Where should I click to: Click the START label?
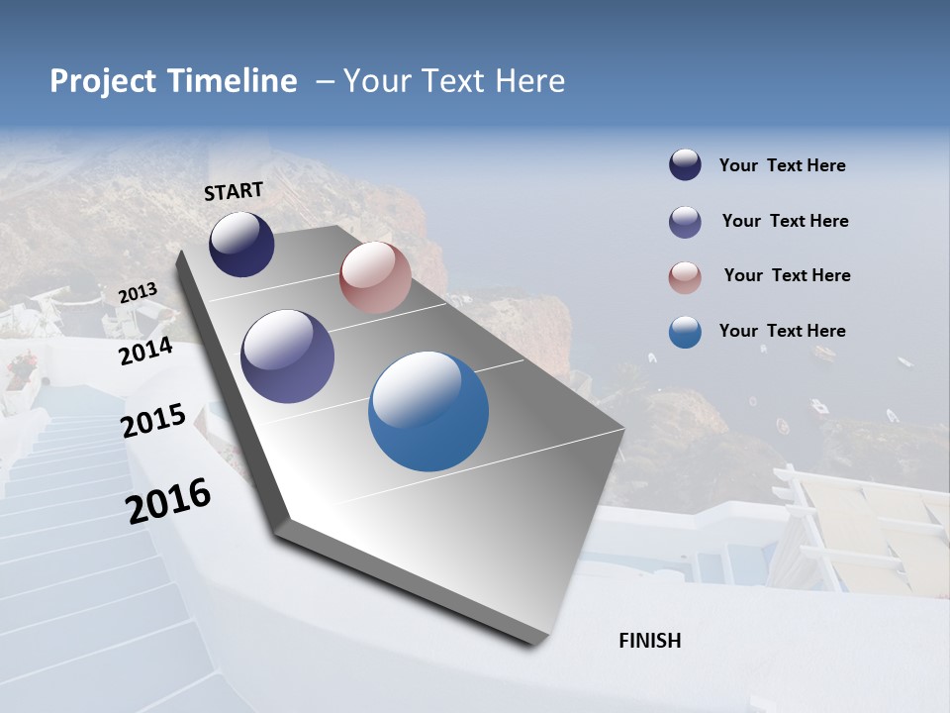234,191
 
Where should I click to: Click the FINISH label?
649,641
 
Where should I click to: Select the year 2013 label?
138,293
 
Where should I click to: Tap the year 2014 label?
145,352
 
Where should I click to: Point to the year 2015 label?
153,421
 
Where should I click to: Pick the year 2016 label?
168,500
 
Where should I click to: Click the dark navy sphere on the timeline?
241,245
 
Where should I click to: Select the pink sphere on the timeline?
375,277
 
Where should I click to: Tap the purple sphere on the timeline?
287,356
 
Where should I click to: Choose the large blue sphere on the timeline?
428,410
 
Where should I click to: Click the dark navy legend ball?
685,165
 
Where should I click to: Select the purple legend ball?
685,222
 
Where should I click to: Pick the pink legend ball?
685,277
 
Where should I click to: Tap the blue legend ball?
685,332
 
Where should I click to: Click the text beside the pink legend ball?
787,275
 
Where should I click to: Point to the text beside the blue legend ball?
782,331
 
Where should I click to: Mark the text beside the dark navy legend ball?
782,165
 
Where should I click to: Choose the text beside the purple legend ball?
785,221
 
